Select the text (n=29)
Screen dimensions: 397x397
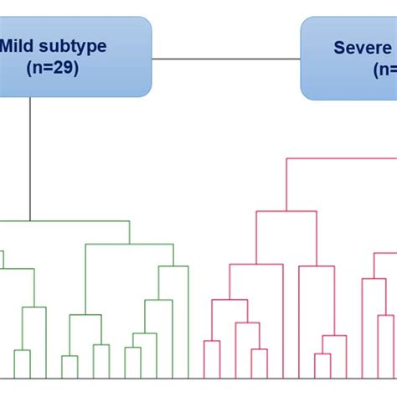coord(51,69)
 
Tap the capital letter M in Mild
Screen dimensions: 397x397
coord(8,47)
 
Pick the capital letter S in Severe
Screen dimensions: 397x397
coord(340,48)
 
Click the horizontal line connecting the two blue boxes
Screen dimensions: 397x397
coord(226,59)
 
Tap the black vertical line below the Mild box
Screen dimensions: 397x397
coord(30,159)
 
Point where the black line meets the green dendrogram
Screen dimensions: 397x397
coord(30,221)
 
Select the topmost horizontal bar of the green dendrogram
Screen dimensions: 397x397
coord(67,221)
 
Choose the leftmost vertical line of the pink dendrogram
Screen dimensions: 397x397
coord(204,360)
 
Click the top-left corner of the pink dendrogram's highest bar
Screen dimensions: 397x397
coord(287,157)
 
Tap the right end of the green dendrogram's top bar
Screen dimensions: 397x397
coord(130,221)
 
